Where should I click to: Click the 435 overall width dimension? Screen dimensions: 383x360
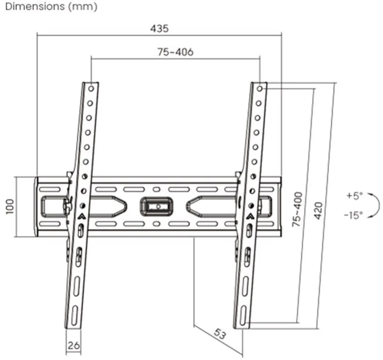tap(159, 28)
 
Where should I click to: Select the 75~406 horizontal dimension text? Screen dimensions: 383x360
tap(176, 52)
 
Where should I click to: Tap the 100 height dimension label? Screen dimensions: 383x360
tap(10, 207)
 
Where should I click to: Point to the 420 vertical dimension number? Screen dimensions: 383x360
tap(318, 211)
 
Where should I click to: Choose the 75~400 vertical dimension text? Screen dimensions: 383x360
tap(297, 209)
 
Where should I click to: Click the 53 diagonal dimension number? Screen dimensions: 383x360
tap(220, 334)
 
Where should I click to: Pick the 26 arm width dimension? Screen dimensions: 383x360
tap(73, 345)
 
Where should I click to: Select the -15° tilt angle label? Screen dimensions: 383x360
tap(353, 215)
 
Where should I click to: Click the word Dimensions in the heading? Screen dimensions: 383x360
tap(35, 6)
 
